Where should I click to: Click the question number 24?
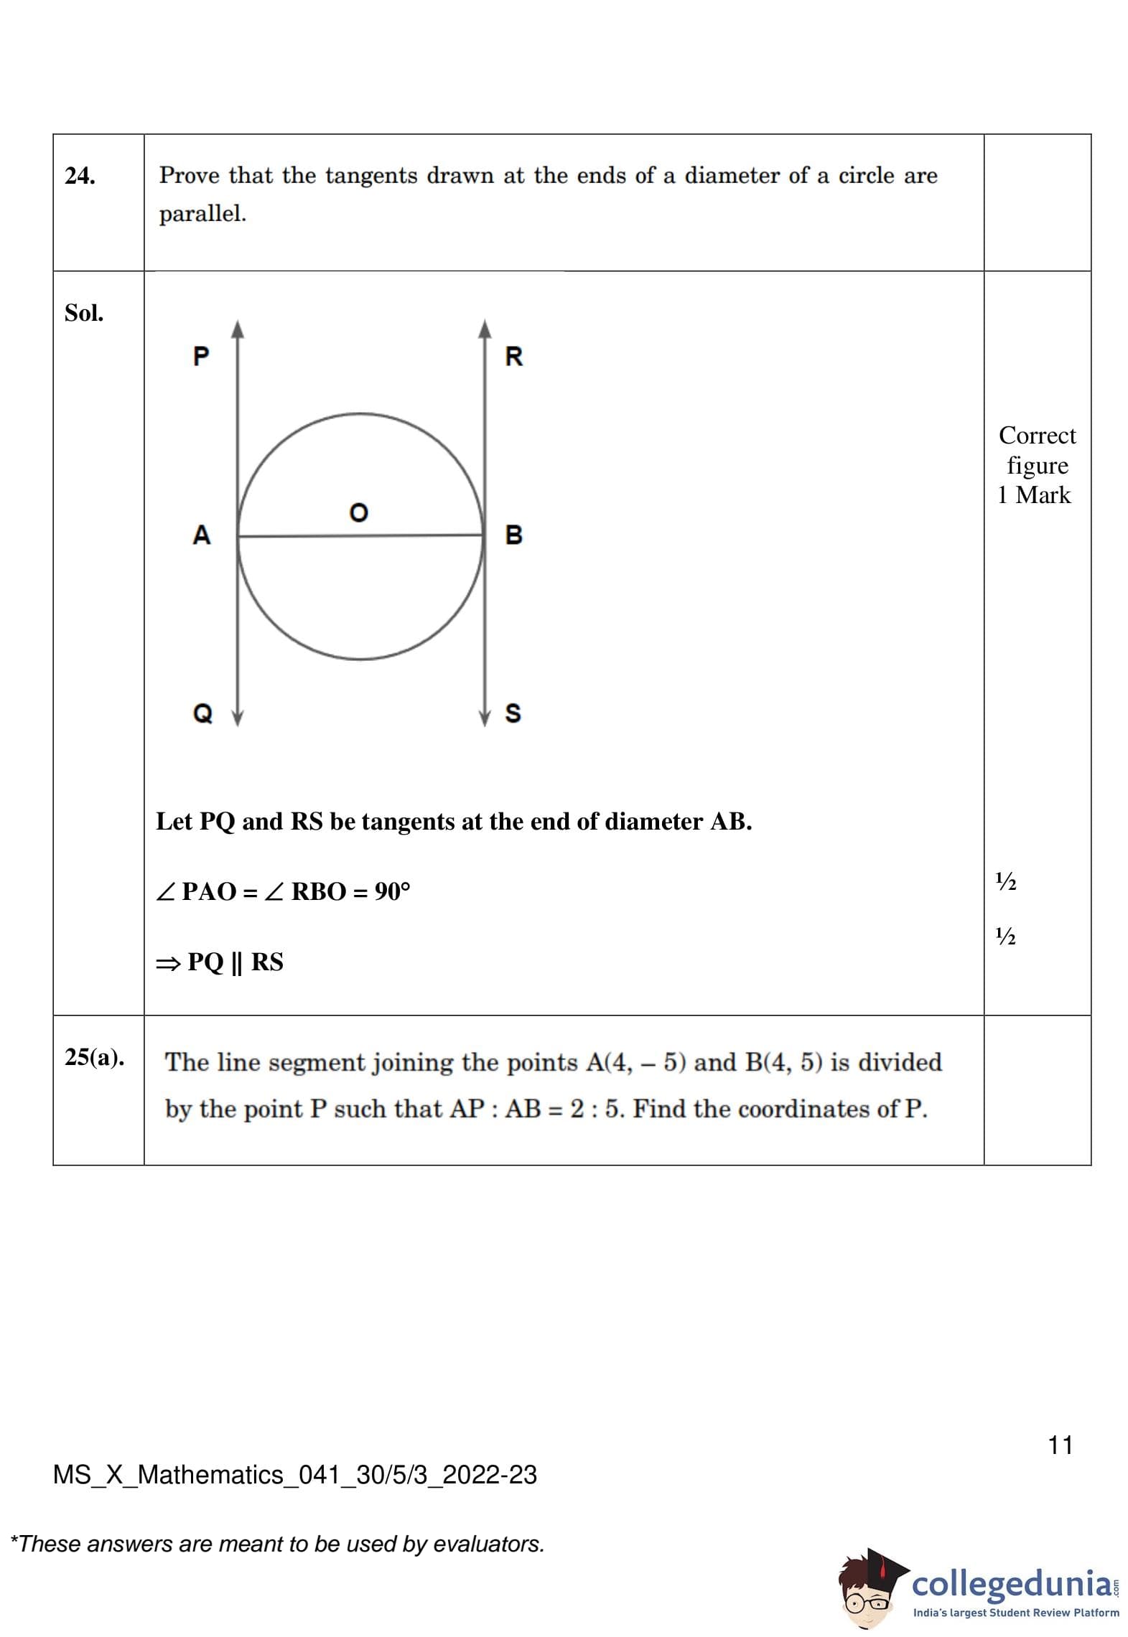[80, 176]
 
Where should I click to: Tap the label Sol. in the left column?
[84, 313]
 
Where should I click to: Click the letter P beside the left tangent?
[201, 355]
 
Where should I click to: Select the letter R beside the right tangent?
[514, 356]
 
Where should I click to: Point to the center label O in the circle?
[358, 512]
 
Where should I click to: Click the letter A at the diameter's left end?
[202, 535]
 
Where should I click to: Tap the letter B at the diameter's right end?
[514, 535]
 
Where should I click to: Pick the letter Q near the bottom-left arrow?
[202, 713]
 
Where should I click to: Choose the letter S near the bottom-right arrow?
[513, 713]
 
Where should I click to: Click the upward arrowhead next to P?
[238, 328]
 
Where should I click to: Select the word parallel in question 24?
[202, 214]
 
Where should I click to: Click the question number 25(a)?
[94, 1057]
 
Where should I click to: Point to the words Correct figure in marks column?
[1037, 450]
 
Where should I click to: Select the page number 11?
[1060, 1445]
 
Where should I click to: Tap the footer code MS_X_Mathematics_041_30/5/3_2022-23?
[294, 1475]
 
